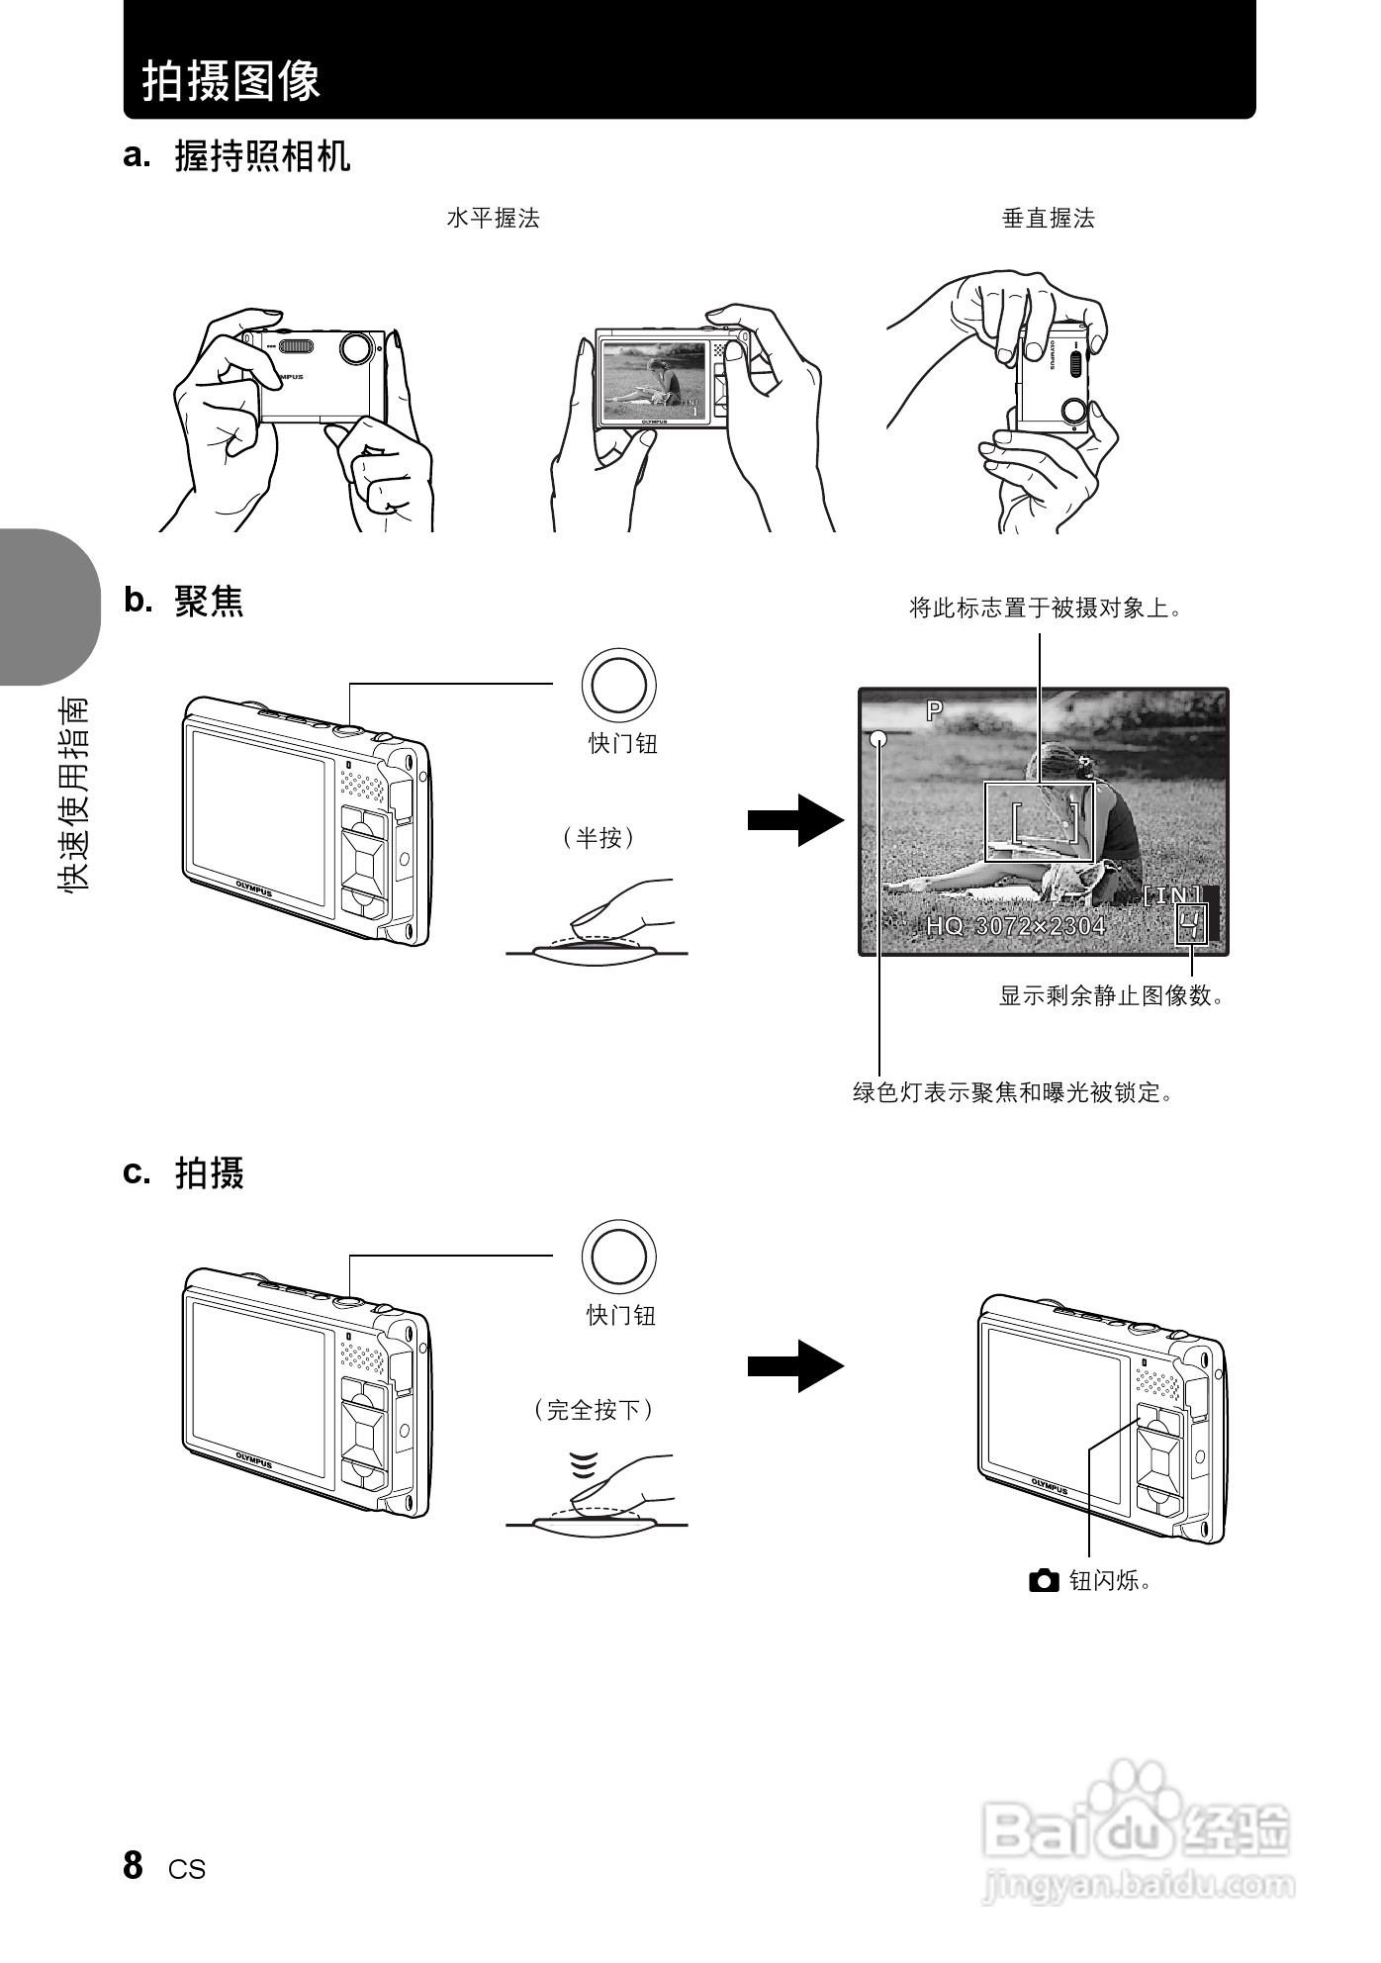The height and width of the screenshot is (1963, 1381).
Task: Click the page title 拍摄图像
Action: [231, 79]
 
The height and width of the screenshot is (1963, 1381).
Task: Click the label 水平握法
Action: [493, 218]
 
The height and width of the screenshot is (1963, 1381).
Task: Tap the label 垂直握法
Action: [1048, 218]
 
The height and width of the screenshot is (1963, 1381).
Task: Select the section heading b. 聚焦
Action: [184, 601]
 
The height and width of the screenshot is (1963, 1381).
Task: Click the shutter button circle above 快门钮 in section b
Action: [619, 685]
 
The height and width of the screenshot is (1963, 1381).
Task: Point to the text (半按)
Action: [598, 838]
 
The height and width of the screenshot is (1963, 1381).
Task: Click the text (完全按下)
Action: [594, 1409]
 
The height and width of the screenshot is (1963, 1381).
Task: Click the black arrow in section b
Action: [795, 820]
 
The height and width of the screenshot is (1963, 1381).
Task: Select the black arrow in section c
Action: [795, 1366]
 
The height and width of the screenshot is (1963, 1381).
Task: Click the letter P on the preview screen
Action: [934, 709]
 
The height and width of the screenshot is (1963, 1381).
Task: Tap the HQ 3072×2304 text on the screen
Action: [1015, 926]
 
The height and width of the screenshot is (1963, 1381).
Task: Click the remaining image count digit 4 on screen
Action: [1191, 926]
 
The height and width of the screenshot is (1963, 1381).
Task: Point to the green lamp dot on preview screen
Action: [878, 738]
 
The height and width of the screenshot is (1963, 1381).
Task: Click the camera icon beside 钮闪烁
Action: [1043, 1580]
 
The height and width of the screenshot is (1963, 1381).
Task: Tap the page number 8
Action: [134, 1864]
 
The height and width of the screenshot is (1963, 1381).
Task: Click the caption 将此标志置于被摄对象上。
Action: [1046, 608]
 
